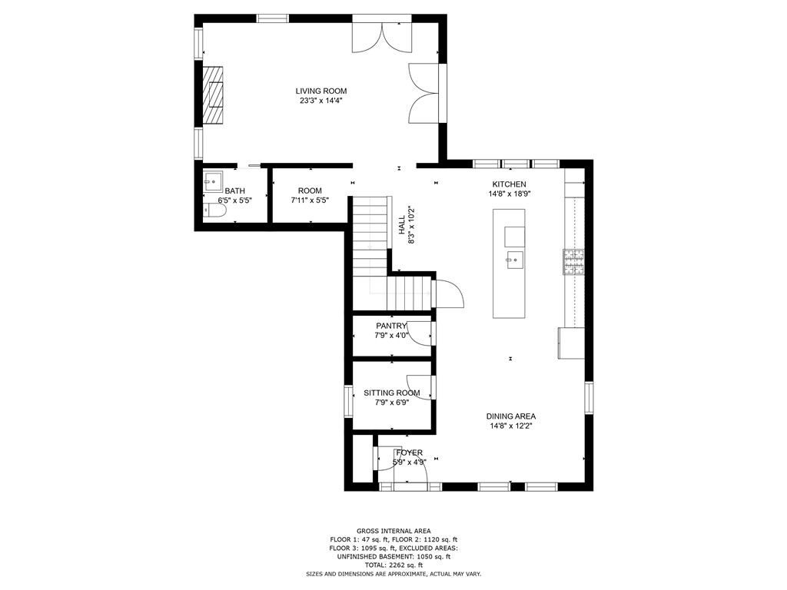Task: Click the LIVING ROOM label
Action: pyautogui.click(x=320, y=91)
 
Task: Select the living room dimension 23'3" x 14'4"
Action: pyautogui.click(x=320, y=101)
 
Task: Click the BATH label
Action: pyautogui.click(x=234, y=191)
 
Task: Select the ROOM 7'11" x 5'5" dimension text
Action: pyautogui.click(x=310, y=201)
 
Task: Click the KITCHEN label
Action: pyautogui.click(x=509, y=184)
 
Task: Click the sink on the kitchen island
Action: pyautogui.click(x=513, y=260)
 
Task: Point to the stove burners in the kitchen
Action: pyautogui.click(x=573, y=263)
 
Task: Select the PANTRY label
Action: pyautogui.click(x=391, y=326)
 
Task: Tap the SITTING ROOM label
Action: pyautogui.click(x=391, y=393)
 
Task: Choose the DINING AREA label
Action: pyautogui.click(x=510, y=416)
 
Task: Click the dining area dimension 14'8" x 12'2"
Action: pyautogui.click(x=510, y=426)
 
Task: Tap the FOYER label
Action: pyautogui.click(x=409, y=452)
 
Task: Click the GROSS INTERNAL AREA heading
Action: pyautogui.click(x=393, y=531)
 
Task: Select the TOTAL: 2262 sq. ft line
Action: pyautogui.click(x=393, y=565)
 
